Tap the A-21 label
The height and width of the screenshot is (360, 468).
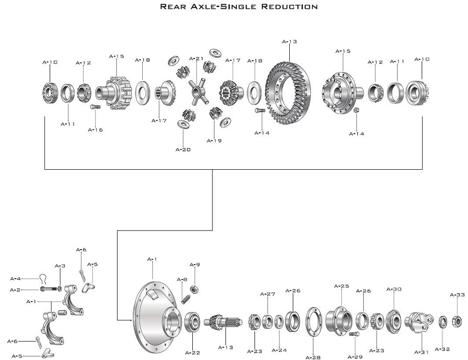point(197,59)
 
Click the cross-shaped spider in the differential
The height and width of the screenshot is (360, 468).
point(196,90)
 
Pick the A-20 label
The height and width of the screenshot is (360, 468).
point(183,150)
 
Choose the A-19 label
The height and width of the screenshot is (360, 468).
point(214,140)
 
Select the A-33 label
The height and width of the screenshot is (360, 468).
point(457,295)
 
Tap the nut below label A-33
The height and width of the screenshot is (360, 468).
point(457,321)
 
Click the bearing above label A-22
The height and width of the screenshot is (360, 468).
point(193,323)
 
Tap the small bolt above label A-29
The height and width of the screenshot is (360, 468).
point(354,335)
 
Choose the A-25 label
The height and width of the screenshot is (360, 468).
point(342,286)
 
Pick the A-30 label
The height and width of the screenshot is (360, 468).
point(394,289)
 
